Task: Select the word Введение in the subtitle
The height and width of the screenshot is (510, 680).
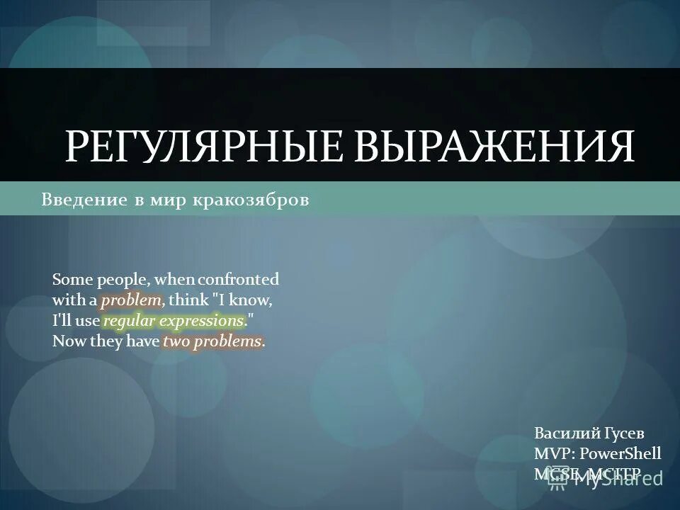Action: click(x=84, y=200)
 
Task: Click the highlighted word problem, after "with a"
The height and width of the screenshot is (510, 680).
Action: click(x=132, y=300)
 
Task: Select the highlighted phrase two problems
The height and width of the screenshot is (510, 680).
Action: click(x=212, y=341)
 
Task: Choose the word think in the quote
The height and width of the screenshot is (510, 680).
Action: click(x=188, y=300)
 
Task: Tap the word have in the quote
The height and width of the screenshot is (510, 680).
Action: click(x=143, y=341)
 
